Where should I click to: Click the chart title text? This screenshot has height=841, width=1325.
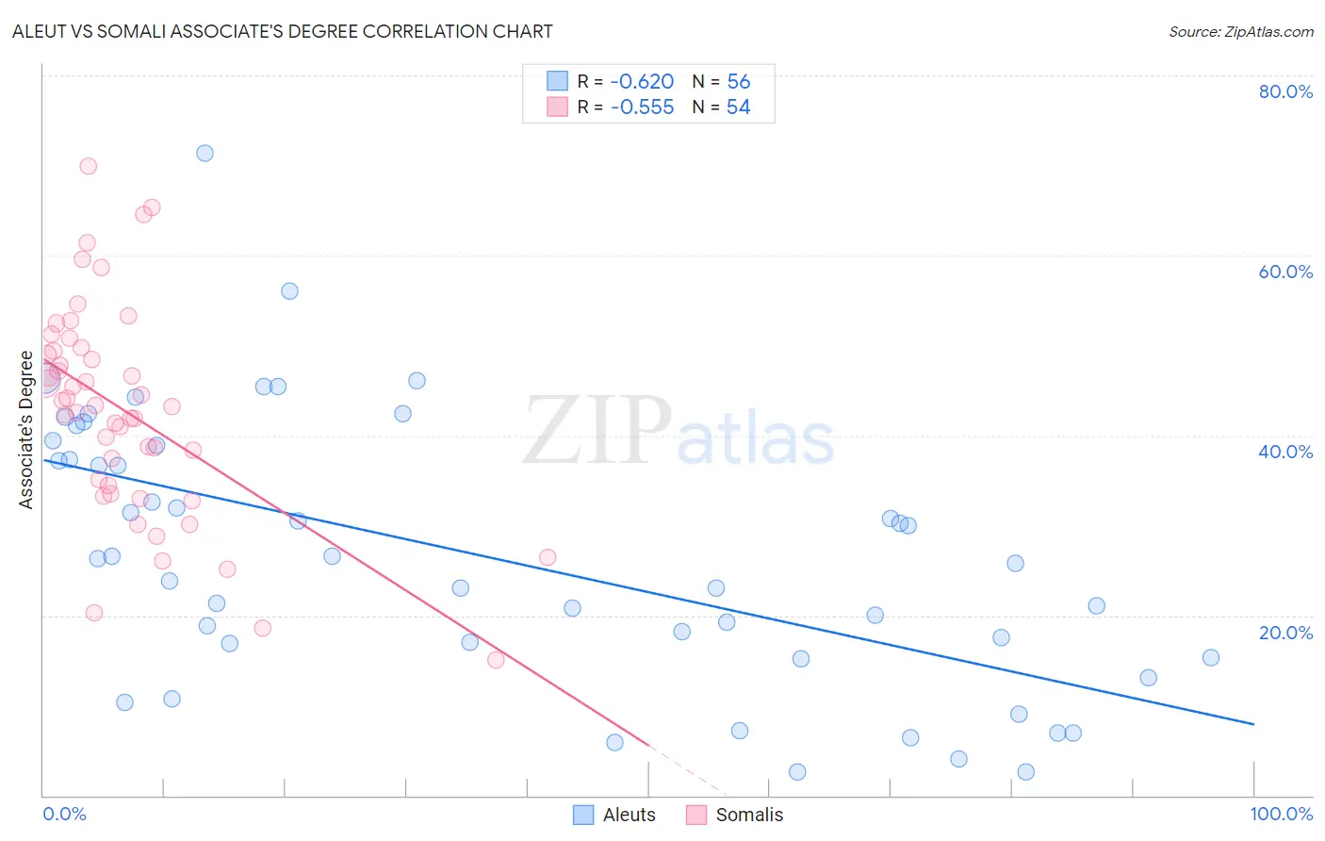pos(282,31)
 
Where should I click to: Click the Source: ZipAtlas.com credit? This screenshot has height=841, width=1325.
pos(1240,31)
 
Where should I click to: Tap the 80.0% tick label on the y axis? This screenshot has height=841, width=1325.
pos(1285,91)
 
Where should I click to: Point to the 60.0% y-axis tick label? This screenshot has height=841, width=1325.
pos(1285,272)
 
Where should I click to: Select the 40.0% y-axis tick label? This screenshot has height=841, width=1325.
pos(1285,452)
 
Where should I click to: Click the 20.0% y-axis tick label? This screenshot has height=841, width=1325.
pos(1285,633)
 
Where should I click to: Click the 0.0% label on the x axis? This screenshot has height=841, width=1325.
pos(64,814)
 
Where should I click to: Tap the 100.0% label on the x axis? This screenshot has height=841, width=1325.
pos(1281,814)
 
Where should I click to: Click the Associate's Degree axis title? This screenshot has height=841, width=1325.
pos(26,430)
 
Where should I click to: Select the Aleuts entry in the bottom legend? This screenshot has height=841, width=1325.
pos(629,815)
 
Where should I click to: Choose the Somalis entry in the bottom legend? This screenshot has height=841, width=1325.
pos(749,815)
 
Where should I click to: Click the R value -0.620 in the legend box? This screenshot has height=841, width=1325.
pos(642,82)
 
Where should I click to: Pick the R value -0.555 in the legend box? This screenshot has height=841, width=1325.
pos(642,107)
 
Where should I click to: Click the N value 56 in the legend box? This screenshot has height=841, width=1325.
pos(739,82)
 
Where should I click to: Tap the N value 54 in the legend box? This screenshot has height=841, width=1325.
pos(738,107)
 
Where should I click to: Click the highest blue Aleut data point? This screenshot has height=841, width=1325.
pos(204,153)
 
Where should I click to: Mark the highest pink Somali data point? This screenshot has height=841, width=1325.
pos(88,166)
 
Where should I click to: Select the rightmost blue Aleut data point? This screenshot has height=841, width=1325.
pos(1211,657)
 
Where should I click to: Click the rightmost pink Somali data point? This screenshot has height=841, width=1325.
pos(548,557)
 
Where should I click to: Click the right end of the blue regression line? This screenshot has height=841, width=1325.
pos(1253,724)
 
